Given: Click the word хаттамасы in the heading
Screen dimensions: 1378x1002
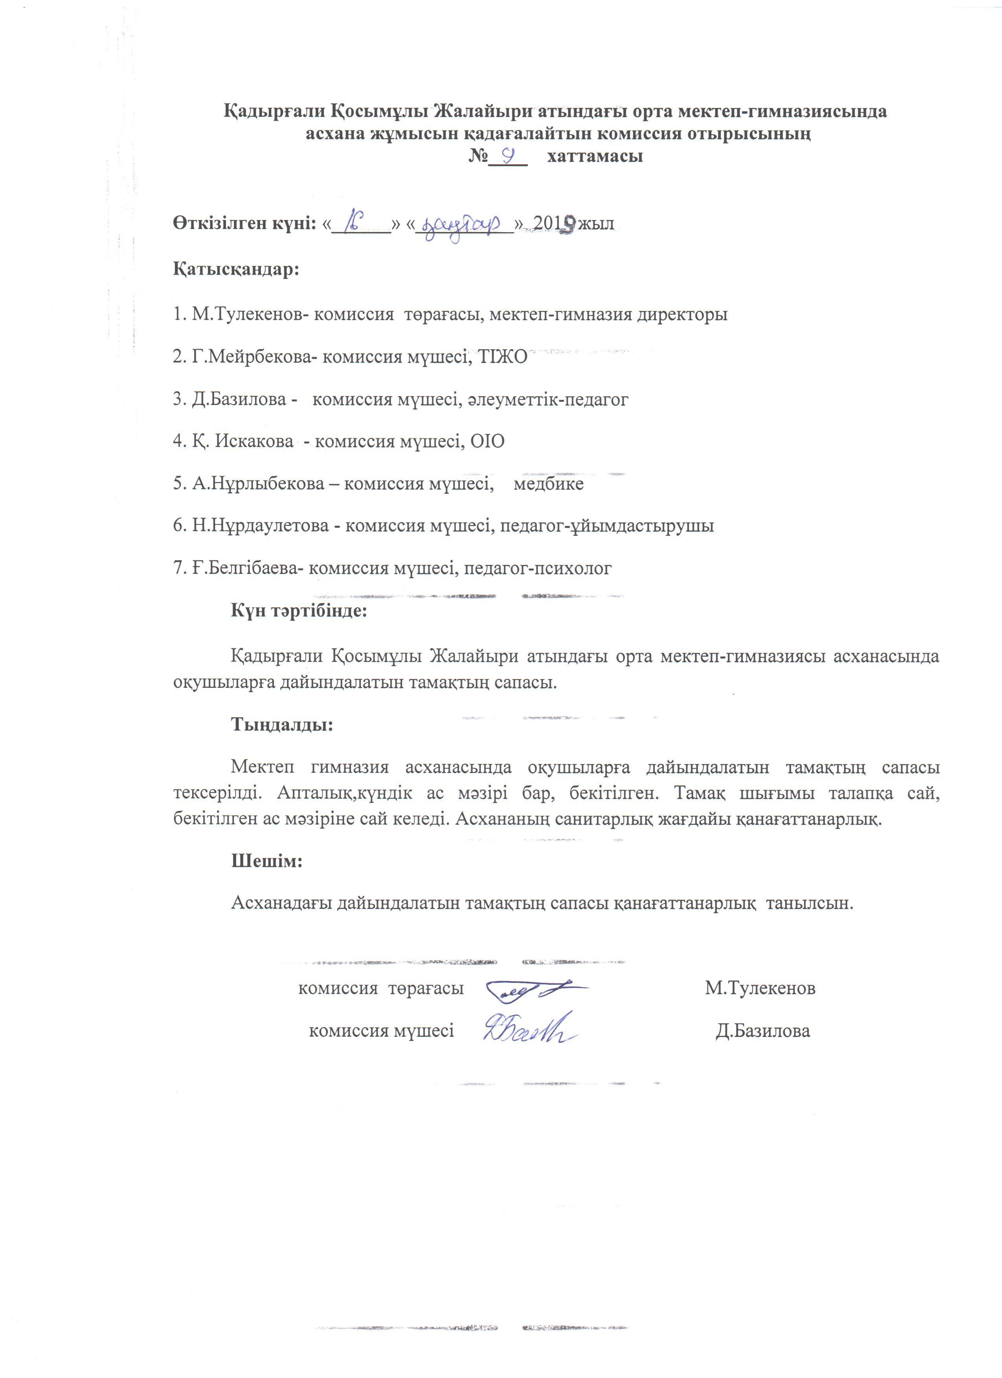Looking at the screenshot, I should point(595,157).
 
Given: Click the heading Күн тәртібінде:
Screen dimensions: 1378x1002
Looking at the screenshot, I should point(299,610).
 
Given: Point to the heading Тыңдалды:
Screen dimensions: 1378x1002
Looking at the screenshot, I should point(282,725).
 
